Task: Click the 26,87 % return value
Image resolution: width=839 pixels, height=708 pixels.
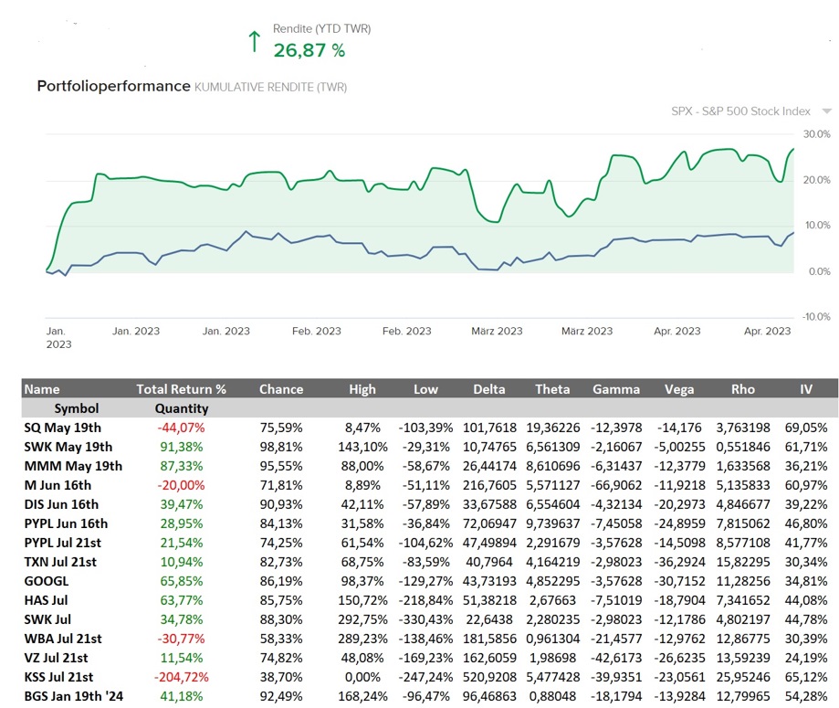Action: point(309,51)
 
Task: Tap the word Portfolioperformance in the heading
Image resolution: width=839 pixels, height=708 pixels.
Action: point(112,87)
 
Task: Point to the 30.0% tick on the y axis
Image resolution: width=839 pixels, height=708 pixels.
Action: point(816,134)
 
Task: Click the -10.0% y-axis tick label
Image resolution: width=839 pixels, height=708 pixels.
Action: point(814,317)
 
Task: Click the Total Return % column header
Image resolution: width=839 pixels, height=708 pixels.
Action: point(181,389)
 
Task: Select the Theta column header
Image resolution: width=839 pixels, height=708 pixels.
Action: point(552,389)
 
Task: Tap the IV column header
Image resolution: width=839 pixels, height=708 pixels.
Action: point(805,389)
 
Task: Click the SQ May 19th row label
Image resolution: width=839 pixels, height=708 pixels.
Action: point(64,428)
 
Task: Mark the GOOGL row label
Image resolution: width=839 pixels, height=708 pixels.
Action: point(47,581)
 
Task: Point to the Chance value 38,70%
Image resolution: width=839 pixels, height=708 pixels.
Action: point(281,677)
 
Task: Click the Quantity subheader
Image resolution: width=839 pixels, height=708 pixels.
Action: point(181,408)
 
